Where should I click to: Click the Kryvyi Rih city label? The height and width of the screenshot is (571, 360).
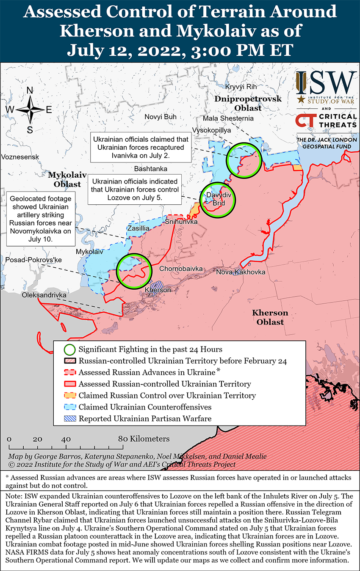click(x=241, y=87)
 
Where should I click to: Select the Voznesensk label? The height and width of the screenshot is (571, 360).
click(x=20, y=157)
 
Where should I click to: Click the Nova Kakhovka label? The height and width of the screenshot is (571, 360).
click(x=241, y=272)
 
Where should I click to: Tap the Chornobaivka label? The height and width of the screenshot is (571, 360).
click(x=181, y=269)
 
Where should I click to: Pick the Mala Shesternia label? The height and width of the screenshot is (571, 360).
click(x=228, y=118)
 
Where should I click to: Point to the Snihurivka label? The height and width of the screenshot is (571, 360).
click(x=181, y=222)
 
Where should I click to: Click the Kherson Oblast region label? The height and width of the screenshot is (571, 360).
click(x=270, y=317)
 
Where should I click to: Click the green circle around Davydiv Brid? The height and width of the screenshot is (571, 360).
click(x=218, y=200)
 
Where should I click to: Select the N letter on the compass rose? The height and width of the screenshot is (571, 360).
click(x=30, y=90)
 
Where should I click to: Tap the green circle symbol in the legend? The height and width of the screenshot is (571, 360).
click(x=70, y=349)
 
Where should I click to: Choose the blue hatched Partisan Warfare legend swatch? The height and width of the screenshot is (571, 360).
click(x=70, y=419)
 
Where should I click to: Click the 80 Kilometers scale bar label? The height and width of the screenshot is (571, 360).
click(x=144, y=439)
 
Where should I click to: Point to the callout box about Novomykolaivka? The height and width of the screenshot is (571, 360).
click(x=41, y=218)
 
